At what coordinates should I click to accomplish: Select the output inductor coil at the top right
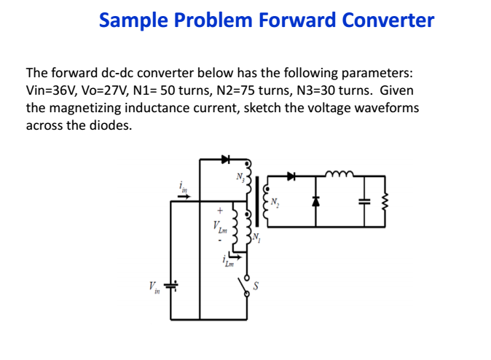(339, 173)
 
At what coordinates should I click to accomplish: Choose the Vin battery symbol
(171, 285)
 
